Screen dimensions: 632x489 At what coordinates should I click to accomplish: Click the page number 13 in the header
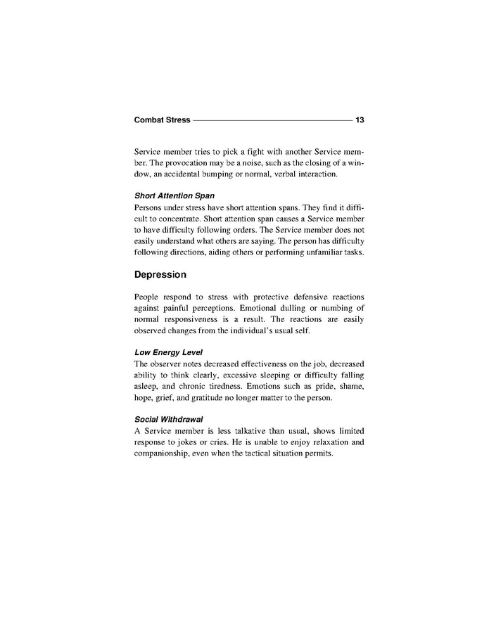[360, 120]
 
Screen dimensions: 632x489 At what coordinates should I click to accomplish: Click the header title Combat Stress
[162, 120]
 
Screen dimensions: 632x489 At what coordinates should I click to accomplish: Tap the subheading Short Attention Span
[174, 195]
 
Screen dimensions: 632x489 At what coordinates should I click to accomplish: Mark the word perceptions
[214, 308]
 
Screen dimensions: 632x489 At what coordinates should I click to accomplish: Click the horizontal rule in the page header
[272, 120]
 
